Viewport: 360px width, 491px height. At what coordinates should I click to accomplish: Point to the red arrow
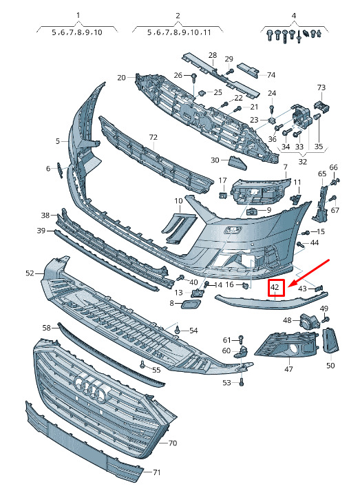pyautogui.click(x=308, y=273)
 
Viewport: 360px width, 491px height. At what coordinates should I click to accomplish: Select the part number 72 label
pyautogui.click(x=153, y=137)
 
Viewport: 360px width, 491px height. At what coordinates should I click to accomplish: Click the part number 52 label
pyautogui.click(x=30, y=273)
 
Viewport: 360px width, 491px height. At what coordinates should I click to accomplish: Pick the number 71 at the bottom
pyautogui.click(x=156, y=472)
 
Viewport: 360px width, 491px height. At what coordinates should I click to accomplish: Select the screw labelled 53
pyautogui.click(x=241, y=382)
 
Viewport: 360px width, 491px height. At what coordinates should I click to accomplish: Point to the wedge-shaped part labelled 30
pyautogui.click(x=237, y=163)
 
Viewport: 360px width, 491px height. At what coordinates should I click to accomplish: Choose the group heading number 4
pyautogui.click(x=294, y=16)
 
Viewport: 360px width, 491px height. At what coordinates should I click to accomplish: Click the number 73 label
pyautogui.click(x=321, y=87)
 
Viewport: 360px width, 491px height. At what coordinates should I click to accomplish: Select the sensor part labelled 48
pyautogui.click(x=309, y=321)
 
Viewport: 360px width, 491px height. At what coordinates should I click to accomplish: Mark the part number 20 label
pyautogui.click(x=121, y=77)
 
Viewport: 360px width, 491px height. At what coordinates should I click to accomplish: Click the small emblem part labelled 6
pyautogui.click(x=60, y=170)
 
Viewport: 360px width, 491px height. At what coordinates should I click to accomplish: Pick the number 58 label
pyautogui.click(x=46, y=328)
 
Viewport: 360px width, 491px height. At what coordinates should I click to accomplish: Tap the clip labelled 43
pyautogui.click(x=319, y=288)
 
